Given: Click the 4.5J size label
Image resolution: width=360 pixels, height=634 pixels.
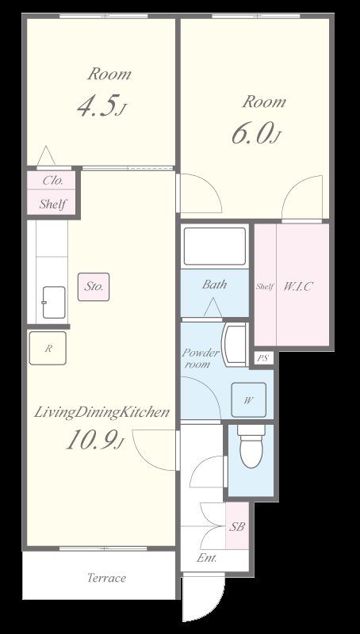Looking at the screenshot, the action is pos(101,105).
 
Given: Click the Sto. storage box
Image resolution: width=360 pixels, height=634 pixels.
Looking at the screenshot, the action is pos(94,287).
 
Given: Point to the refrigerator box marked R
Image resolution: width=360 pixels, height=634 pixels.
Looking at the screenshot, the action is pos(48,348).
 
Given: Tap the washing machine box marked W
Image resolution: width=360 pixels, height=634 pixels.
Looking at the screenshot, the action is pos(248,400).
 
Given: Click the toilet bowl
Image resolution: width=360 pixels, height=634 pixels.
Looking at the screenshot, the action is pos(251,447).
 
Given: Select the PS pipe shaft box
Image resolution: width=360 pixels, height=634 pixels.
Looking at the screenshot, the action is pos(263,358).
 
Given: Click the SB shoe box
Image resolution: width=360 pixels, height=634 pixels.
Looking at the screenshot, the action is pos(236,525).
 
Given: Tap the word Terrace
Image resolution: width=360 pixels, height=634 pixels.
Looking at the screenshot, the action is pos(107,578).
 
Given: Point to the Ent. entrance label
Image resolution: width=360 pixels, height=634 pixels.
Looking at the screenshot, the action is pos(207,559).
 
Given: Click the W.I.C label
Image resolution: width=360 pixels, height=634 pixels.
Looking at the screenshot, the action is pos(298,286).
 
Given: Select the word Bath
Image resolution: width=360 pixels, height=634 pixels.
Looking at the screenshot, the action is pos(214,285).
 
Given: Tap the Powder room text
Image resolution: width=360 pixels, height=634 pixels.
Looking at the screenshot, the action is pos(200,358).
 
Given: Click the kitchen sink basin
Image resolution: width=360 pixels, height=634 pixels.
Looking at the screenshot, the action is pos(54,302).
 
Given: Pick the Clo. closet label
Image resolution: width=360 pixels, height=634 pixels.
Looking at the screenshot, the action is pos(53,181).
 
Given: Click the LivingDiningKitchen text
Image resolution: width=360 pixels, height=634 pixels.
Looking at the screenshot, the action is pos(101,412).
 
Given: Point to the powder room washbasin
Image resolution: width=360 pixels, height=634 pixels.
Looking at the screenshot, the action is pos(234,345).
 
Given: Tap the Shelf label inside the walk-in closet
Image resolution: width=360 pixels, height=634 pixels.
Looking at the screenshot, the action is pos(265,287).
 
